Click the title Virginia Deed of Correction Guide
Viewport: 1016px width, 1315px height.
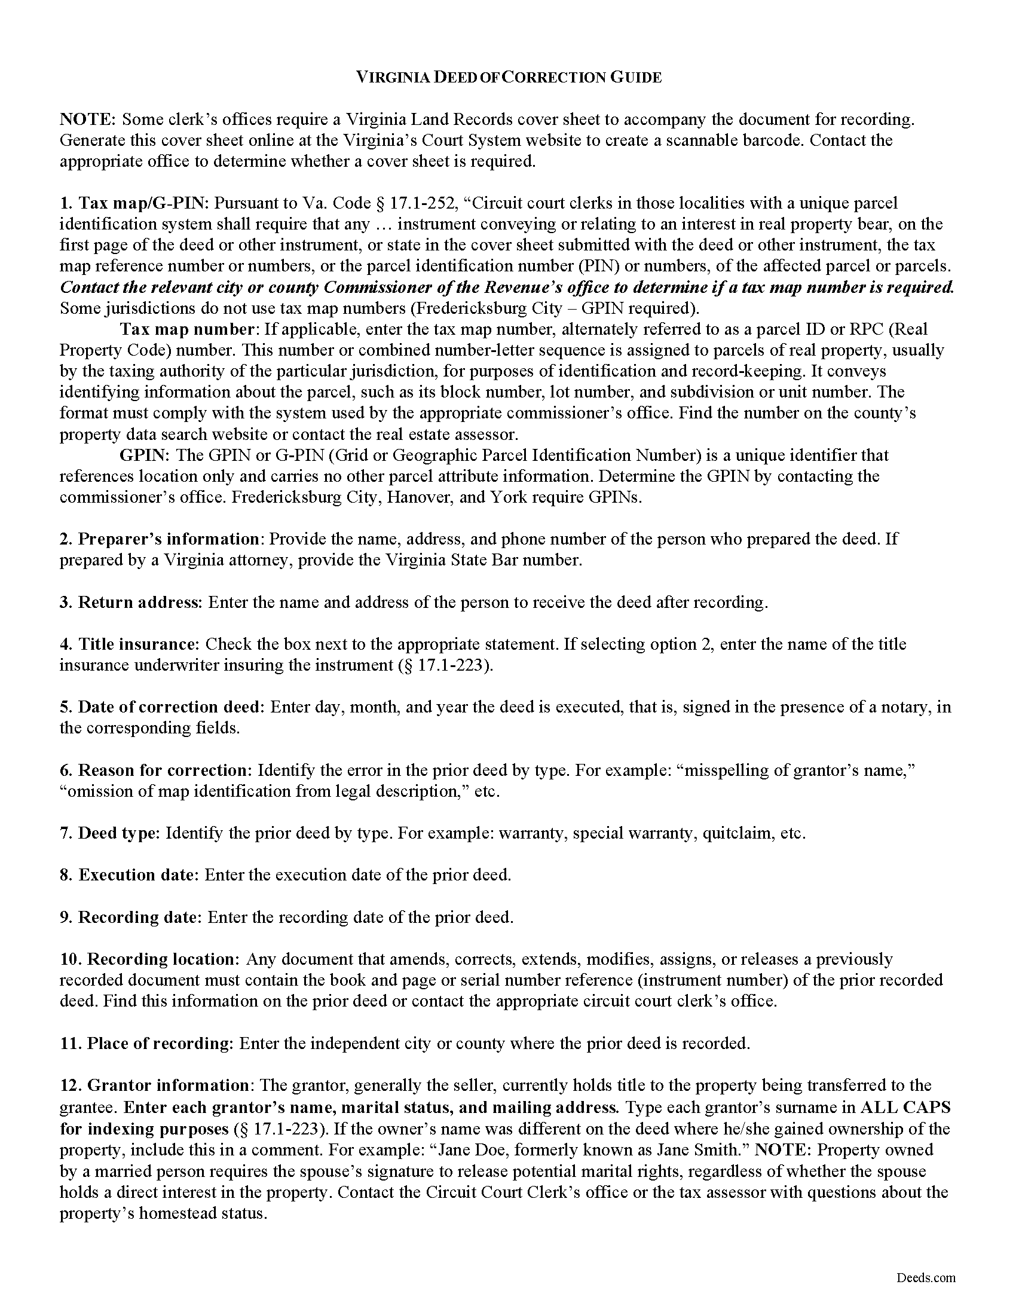tap(509, 77)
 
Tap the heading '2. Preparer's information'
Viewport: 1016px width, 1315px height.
tap(160, 539)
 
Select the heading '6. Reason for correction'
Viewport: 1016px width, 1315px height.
tap(154, 770)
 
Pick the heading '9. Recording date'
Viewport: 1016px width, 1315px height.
tap(130, 917)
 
